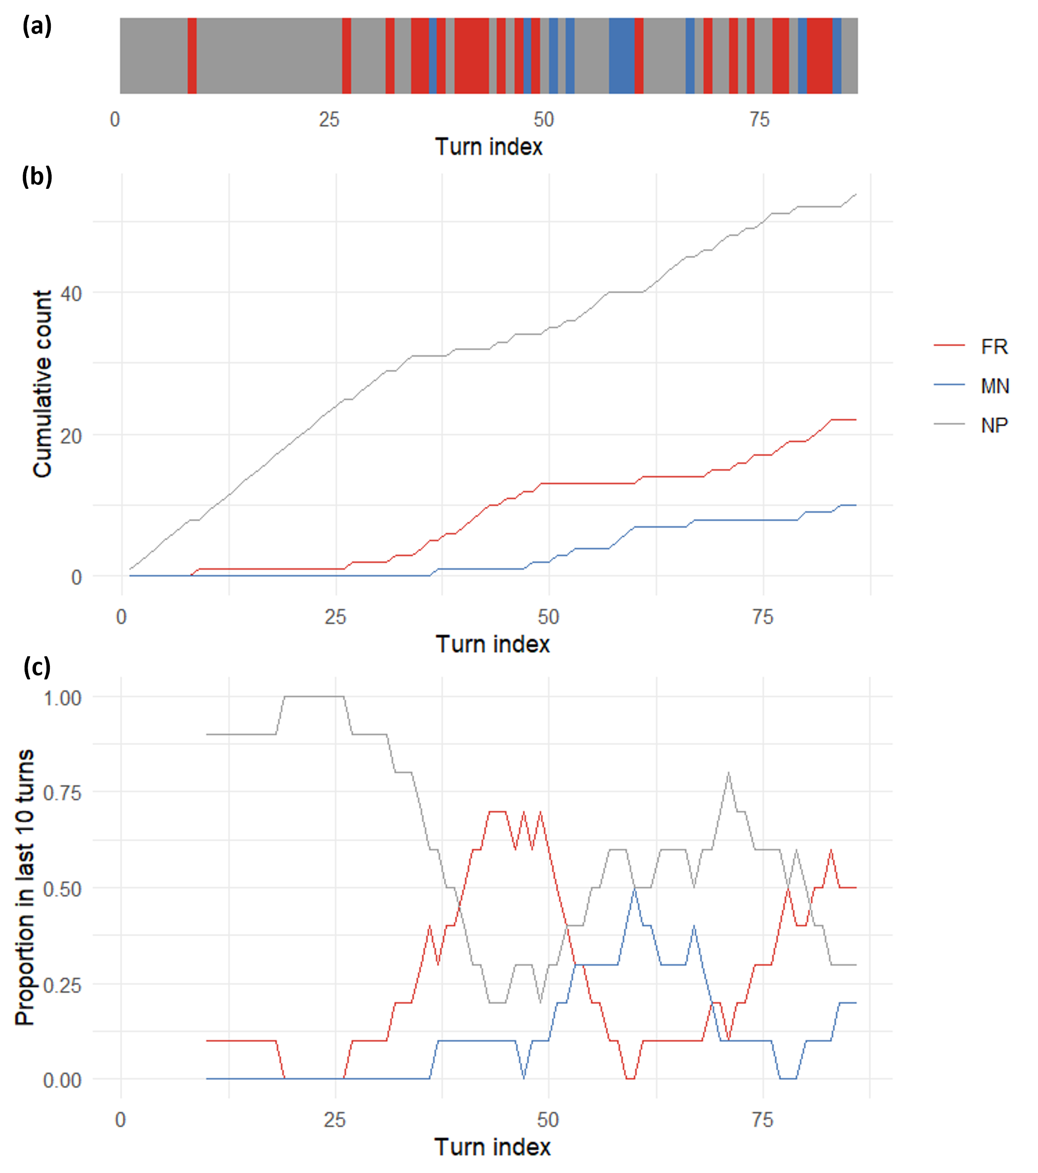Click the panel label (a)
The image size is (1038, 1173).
[36, 26]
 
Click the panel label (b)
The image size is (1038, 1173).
[36, 176]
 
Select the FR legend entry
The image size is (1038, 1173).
[994, 347]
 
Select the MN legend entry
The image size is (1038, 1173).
[995, 386]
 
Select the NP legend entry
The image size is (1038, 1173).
[994, 425]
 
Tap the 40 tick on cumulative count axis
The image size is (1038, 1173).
[71, 294]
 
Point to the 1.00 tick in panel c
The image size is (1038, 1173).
[63, 698]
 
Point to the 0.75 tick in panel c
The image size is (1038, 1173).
[63, 793]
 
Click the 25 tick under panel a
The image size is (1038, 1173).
[329, 119]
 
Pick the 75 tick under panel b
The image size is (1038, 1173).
[762, 617]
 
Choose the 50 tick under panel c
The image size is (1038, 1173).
[548, 1120]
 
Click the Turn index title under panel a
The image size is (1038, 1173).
[489, 147]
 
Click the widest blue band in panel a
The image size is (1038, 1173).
[621, 56]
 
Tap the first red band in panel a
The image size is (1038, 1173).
[192, 56]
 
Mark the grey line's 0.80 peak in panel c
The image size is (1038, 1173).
[728, 774]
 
